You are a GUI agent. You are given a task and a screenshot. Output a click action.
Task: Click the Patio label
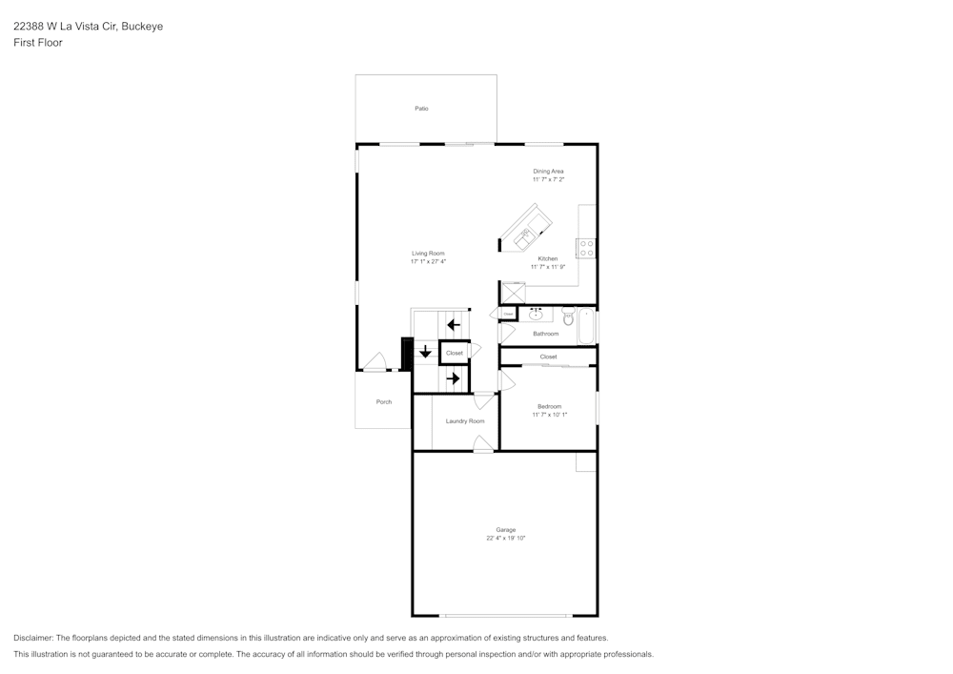click(x=421, y=109)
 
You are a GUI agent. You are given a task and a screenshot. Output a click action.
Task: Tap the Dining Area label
click(x=548, y=172)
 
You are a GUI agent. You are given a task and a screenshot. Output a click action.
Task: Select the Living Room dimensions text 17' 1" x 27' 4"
click(x=428, y=261)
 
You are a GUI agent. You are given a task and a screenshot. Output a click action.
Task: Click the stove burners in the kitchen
click(x=587, y=248)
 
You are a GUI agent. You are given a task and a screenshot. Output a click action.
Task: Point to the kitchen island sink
click(x=525, y=235)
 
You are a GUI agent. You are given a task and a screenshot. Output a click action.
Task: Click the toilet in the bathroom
click(x=569, y=317)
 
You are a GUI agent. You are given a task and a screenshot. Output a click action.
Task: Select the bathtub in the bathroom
click(x=587, y=325)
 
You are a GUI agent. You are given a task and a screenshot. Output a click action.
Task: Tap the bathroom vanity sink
click(x=536, y=314)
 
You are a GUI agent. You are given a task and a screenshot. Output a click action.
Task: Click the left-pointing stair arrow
click(x=454, y=325)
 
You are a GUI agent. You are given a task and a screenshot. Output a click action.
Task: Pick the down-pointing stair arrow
click(x=425, y=351)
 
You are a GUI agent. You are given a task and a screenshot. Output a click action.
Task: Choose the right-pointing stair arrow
click(x=454, y=378)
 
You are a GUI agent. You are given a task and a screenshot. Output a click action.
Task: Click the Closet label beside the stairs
click(x=455, y=353)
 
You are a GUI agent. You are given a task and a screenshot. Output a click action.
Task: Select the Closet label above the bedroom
click(x=548, y=357)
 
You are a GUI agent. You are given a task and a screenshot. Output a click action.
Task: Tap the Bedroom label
click(x=548, y=406)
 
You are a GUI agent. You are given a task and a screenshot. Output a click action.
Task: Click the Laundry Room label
click(x=465, y=421)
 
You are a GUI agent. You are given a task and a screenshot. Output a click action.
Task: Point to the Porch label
click(x=384, y=402)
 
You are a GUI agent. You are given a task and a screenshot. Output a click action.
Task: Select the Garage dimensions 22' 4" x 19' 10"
click(x=505, y=538)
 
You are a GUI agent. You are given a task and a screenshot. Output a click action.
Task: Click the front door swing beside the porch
click(x=375, y=363)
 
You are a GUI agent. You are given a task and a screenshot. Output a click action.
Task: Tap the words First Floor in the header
click(x=38, y=43)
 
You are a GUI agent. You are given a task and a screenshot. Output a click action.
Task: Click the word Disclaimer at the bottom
click(x=33, y=638)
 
